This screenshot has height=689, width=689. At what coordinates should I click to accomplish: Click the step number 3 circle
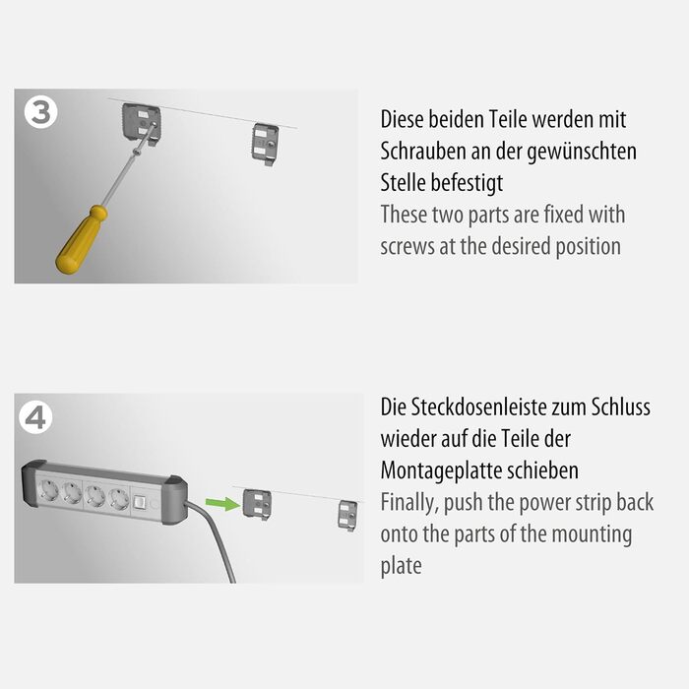tap(41, 112)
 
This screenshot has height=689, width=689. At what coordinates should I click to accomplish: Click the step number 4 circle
tap(35, 417)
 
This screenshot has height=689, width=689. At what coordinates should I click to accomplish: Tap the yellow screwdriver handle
tap(82, 239)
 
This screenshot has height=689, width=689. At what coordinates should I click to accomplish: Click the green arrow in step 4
tap(222, 504)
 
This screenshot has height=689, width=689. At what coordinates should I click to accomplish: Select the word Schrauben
tap(423, 152)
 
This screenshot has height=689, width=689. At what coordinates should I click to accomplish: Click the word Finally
tap(409, 503)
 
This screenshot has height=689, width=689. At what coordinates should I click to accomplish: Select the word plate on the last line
tap(401, 566)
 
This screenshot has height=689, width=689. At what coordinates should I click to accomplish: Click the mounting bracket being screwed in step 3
tap(141, 123)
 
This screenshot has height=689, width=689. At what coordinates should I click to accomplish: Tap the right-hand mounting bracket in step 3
tap(266, 144)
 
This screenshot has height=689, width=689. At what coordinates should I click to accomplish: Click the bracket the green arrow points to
tap(257, 504)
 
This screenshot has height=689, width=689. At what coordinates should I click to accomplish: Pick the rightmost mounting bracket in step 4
tap(347, 516)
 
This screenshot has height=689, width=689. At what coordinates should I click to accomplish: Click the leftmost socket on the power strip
tap(48, 490)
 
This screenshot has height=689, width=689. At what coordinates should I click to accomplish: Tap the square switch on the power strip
tap(140, 502)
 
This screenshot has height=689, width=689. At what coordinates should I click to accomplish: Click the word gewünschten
tap(582, 152)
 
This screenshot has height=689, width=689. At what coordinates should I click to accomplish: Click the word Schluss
tap(620, 407)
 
